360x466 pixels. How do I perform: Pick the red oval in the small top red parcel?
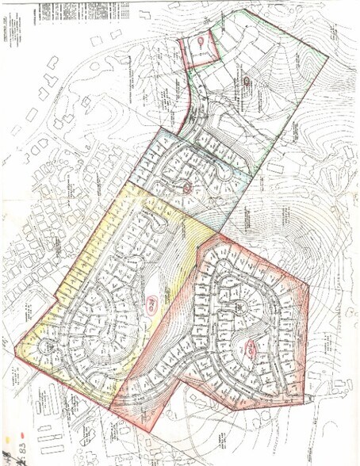click(x=201, y=39)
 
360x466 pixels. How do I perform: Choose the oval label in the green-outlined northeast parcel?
click(x=248, y=80)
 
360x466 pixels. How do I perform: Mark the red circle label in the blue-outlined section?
click(x=187, y=188)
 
